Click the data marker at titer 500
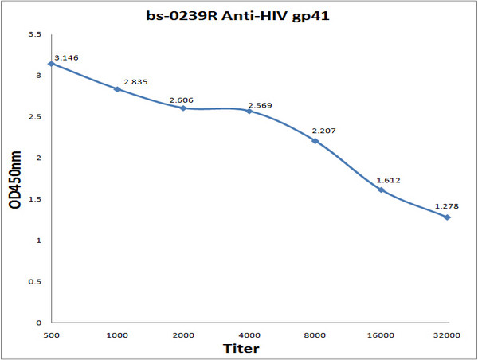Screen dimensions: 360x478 51,63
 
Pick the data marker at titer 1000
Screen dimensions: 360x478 117,89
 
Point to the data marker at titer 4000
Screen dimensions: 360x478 249,111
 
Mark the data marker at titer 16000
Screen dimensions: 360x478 382,190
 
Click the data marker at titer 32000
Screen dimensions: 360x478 447,217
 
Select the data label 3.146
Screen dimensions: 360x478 66,58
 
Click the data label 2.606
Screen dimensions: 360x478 182,100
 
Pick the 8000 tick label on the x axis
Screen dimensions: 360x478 315,335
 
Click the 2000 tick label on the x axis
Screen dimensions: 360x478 183,335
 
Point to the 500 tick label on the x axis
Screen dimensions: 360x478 51,335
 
